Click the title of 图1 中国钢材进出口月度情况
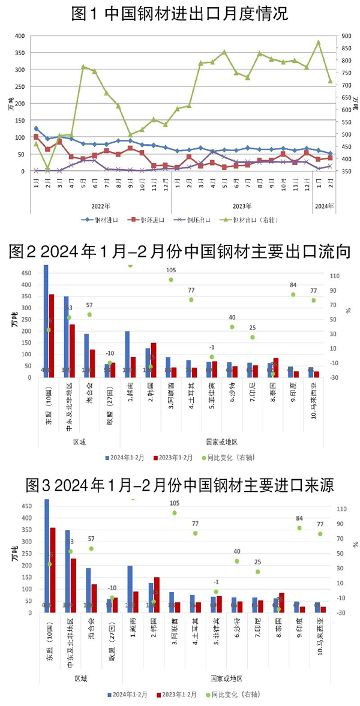pos(179,13)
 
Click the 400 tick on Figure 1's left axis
pos(19,36)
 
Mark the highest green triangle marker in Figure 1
pos(319,43)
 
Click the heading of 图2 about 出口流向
pos(179,252)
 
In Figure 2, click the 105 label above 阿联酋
pos(170,270)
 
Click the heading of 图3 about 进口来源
pos(179,484)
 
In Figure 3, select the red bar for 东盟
pos(52,570)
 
